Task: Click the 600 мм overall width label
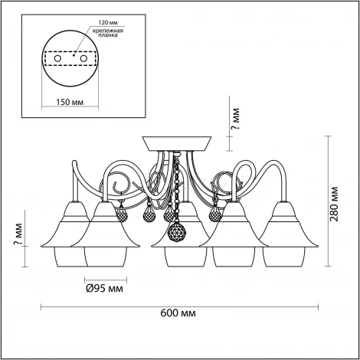click(178, 313)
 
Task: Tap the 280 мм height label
click(334, 205)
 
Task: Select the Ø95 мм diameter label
click(104, 289)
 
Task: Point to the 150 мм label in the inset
click(70, 102)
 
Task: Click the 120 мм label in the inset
click(108, 23)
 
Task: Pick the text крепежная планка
click(108, 33)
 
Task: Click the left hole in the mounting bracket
click(57, 58)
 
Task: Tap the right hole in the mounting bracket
click(83, 58)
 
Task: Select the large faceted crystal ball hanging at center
click(177, 232)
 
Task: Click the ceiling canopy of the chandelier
click(177, 143)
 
